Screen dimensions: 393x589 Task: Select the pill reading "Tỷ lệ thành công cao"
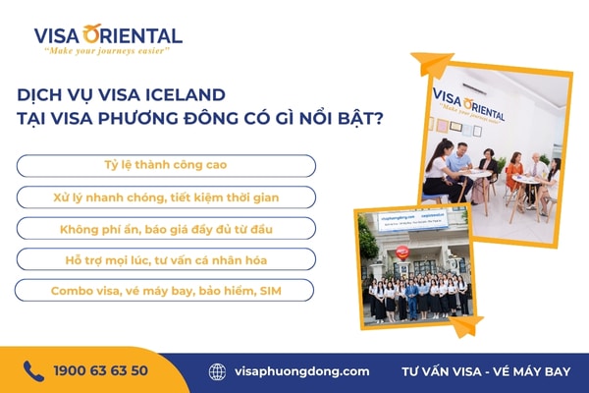point(165,165)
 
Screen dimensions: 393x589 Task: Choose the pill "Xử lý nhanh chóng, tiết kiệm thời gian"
point(165,196)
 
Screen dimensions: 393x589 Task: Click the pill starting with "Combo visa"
point(165,291)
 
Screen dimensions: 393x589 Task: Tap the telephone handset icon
point(33,370)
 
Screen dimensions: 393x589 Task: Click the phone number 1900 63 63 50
point(100,371)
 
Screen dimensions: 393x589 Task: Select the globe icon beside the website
point(217,371)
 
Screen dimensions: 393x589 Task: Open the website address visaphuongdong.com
point(302,371)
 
